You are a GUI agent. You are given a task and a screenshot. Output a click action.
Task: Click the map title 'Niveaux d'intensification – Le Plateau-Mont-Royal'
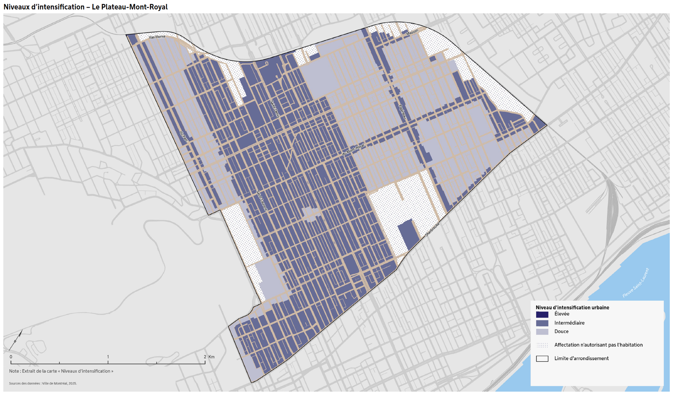pos(86,7)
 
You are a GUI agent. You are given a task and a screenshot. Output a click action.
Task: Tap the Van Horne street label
pos(157,37)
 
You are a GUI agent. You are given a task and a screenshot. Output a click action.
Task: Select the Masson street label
pos(412,32)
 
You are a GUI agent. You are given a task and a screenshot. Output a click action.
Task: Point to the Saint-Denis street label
pos(275,109)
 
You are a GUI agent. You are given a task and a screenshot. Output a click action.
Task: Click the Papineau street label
pos(402,111)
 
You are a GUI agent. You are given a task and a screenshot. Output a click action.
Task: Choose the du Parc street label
pos(184,137)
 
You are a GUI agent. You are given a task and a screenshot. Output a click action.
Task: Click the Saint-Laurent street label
pos(262,201)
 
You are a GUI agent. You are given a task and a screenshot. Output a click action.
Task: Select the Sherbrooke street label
pos(432,229)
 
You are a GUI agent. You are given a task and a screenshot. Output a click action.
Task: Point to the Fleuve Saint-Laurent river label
pos(636,283)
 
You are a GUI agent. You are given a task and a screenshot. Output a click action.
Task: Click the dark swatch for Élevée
pos(542,314)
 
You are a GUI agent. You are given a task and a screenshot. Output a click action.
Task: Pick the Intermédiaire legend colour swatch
pos(542,323)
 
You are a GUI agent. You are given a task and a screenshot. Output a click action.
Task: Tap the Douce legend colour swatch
pos(542,332)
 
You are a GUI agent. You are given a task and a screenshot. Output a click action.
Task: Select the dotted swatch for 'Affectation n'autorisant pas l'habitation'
pos(542,345)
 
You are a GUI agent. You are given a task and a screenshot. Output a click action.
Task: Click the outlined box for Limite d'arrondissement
pos(542,359)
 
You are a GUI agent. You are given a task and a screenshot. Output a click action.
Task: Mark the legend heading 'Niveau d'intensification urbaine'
pos(572,308)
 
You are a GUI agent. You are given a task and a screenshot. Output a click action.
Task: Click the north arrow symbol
pos(16,340)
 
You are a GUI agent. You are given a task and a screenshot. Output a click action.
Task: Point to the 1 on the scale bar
pos(108,357)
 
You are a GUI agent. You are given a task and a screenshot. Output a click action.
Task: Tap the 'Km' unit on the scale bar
pos(211,357)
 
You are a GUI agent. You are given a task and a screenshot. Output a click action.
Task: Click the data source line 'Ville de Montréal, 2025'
pos(43,384)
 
